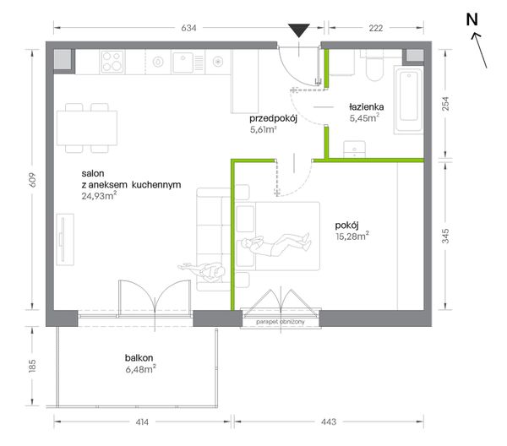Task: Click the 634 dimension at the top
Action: click(188, 28)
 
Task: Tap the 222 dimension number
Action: click(376, 28)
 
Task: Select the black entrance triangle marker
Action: click(299, 31)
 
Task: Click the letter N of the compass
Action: click(472, 19)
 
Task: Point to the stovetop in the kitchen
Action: click(112, 62)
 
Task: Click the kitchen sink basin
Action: click(183, 63)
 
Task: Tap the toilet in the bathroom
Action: click(374, 66)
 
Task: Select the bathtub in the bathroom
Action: click(409, 100)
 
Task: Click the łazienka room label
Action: click(367, 106)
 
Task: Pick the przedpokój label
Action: click(273, 118)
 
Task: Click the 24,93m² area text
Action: click(99, 195)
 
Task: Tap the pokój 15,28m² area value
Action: click(352, 236)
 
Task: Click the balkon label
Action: click(139, 358)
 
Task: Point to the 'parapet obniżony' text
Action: click(281, 322)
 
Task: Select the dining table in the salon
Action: click(87, 128)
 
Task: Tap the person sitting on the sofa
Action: click(202, 270)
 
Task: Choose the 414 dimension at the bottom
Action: click(142, 422)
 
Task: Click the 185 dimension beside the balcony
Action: click(32, 366)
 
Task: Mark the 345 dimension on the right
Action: click(445, 236)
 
